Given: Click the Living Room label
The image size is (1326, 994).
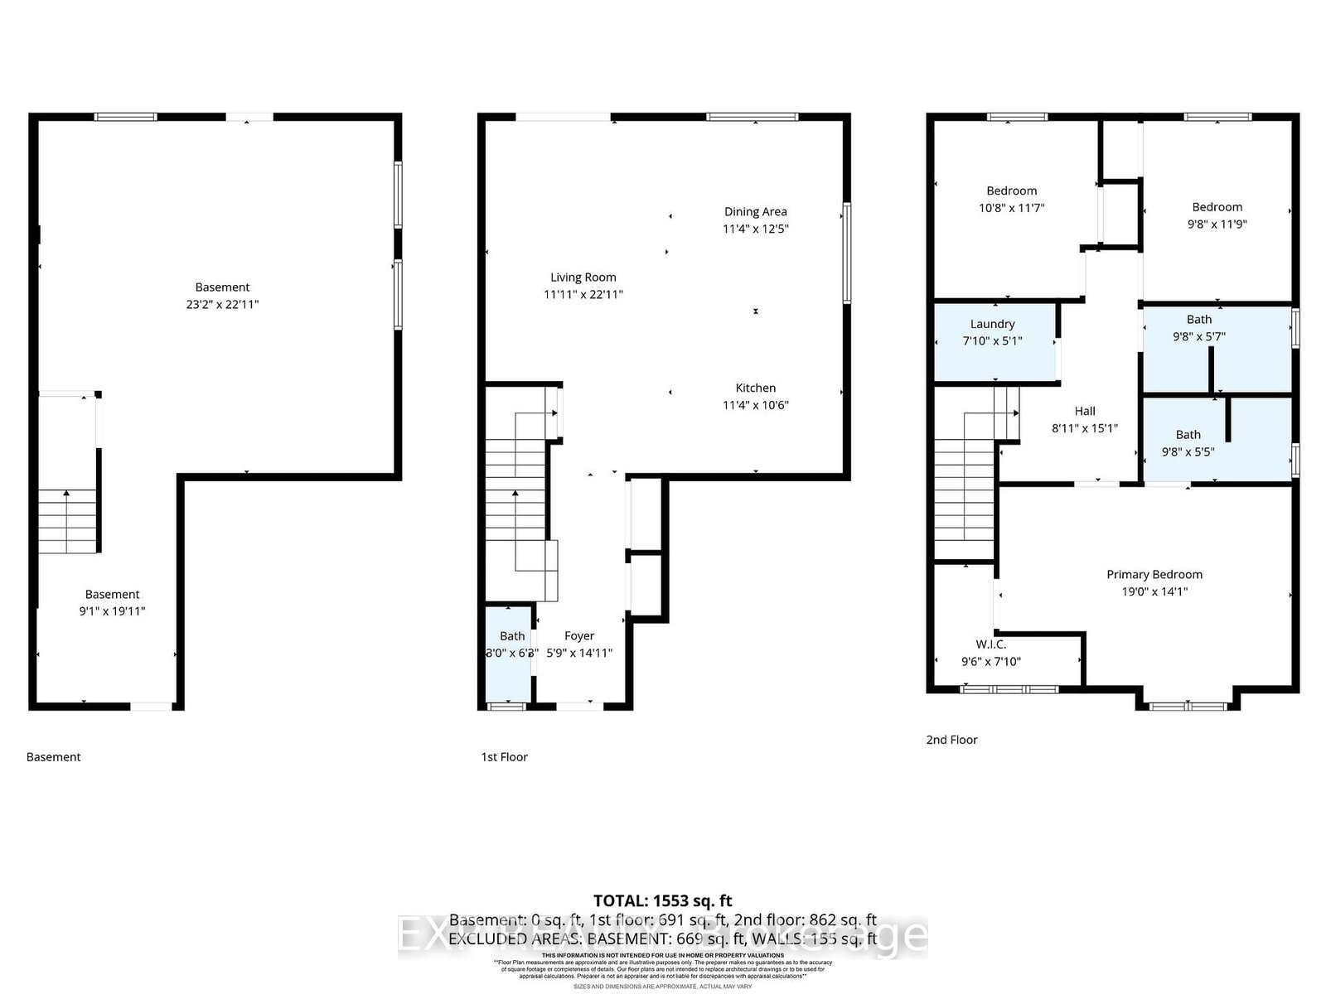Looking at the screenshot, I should click(x=583, y=277).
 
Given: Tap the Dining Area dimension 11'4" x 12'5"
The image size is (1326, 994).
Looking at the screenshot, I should click(x=755, y=229).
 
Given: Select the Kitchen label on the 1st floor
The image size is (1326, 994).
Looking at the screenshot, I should click(x=755, y=388).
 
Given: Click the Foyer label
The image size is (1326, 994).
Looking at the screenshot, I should click(x=579, y=636).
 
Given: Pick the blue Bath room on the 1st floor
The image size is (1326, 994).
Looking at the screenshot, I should click(x=508, y=654).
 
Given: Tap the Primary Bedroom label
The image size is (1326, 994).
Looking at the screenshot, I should click(x=1154, y=574).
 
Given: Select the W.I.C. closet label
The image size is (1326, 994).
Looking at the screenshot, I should click(x=990, y=644).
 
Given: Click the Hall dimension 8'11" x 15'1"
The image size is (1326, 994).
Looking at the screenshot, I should click(x=1084, y=428).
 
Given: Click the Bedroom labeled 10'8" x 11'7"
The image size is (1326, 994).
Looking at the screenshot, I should click(x=1011, y=199).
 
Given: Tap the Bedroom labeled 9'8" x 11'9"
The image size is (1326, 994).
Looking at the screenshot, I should click(x=1217, y=215).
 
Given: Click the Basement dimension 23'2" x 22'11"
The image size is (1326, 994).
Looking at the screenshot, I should click(x=222, y=304).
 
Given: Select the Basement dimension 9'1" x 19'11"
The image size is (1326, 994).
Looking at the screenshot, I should click(x=112, y=611).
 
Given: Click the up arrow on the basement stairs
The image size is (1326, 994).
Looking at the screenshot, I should click(x=67, y=495).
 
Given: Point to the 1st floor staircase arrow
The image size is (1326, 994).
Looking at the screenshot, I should click(x=515, y=495).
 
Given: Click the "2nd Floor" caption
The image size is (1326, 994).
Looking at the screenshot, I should click(x=951, y=740).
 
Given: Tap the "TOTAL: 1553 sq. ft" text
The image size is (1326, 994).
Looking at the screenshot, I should click(x=662, y=900).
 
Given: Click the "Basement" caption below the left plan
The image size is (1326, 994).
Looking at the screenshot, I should click(x=53, y=756).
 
